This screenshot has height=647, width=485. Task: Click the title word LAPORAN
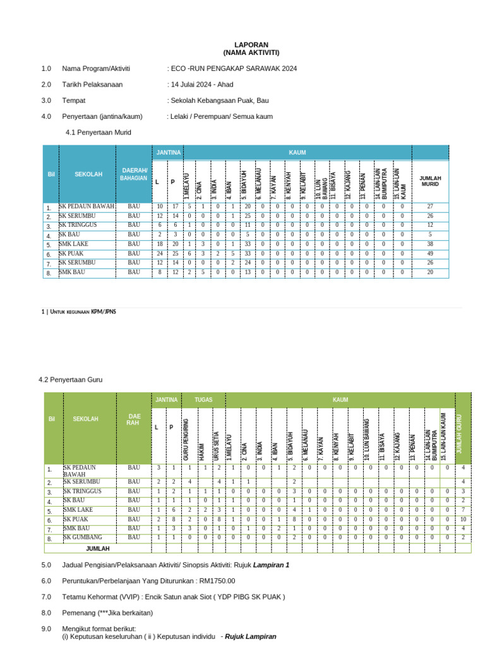tap(251, 45)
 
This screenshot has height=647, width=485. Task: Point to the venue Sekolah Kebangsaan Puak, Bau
tap(220, 100)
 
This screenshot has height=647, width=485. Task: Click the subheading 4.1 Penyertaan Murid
tap(99, 132)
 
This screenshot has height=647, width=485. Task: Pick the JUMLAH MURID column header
tap(429, 181)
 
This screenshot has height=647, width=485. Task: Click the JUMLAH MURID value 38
tap(430, 244)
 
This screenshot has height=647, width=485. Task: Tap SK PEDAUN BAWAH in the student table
tap(87, 207)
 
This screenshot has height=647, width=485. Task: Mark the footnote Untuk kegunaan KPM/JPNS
tap(81, 311)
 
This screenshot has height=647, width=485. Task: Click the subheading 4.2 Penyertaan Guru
tap(70, 380)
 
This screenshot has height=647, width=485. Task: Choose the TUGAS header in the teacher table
tap(203, 400)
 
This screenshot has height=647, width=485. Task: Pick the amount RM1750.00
tap(214, 581)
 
